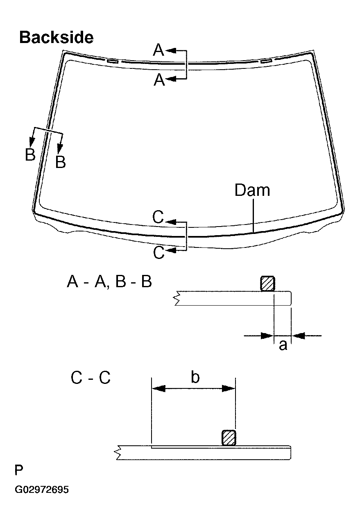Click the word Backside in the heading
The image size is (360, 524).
[56, 38]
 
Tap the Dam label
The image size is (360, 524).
[252, 191]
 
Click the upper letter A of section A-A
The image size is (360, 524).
[159, 51]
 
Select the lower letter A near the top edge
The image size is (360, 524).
[159, 80]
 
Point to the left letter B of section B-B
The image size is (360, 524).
[30, 155]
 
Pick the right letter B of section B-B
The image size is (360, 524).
[60, 162]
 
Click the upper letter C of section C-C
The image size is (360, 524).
[158, 217]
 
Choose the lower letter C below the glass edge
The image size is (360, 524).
[158, 253]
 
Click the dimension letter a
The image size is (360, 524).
[283, 345]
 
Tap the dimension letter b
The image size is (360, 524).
[195, 377]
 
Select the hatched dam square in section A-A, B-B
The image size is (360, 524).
[267, 284]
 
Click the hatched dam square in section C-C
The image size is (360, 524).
[229, 438]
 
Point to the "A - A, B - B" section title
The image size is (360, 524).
[109, 282]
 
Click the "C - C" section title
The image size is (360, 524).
[91, 378]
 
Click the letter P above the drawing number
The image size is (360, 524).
[19, 470]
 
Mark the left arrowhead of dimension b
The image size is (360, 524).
[158, 388]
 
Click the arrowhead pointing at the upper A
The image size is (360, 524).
[171, 51]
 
